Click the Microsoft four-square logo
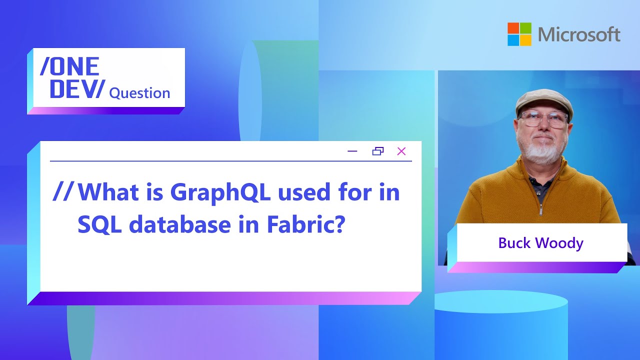(519, 34)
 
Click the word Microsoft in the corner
(579, 34)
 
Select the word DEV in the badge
(72, 89)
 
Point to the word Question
(139, 93)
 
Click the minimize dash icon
(352, 151)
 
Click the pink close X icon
(401, 151)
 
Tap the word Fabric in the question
(305, 224)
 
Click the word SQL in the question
(99, 225)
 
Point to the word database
(180, 224)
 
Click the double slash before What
(63, 191)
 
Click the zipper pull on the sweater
(540, 211)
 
